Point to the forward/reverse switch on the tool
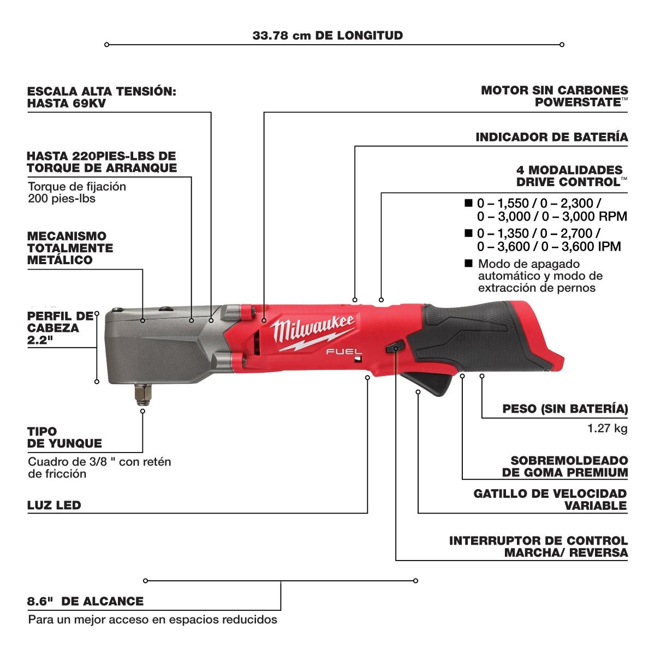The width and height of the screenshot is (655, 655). (x=395, y=347)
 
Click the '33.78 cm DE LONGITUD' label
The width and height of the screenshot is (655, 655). (x=327, y=35)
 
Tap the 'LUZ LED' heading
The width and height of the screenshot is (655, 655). (x=54, y=505)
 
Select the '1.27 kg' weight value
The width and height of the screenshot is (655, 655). (x=608, y=428)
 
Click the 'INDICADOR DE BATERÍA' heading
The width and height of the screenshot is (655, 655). (x=552, y=137)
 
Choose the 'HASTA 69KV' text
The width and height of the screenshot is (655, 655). (x=67, y=103)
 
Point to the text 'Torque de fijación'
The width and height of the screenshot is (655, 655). (x=77, y=187)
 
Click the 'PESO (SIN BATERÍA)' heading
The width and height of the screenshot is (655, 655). (x=565, y=409)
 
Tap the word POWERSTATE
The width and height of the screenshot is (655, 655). (x=578, y=102)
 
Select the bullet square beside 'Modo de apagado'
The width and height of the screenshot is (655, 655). (x=469, y=263)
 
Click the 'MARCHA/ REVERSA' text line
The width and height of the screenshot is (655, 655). (x=566, y=553)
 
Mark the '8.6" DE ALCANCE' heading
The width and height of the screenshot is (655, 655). (x=85, y=602)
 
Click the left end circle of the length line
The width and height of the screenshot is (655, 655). (x=107, y=45)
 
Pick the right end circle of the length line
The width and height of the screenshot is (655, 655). (x=562, y=45)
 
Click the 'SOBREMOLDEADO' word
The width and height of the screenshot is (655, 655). (x=569, y=461)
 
